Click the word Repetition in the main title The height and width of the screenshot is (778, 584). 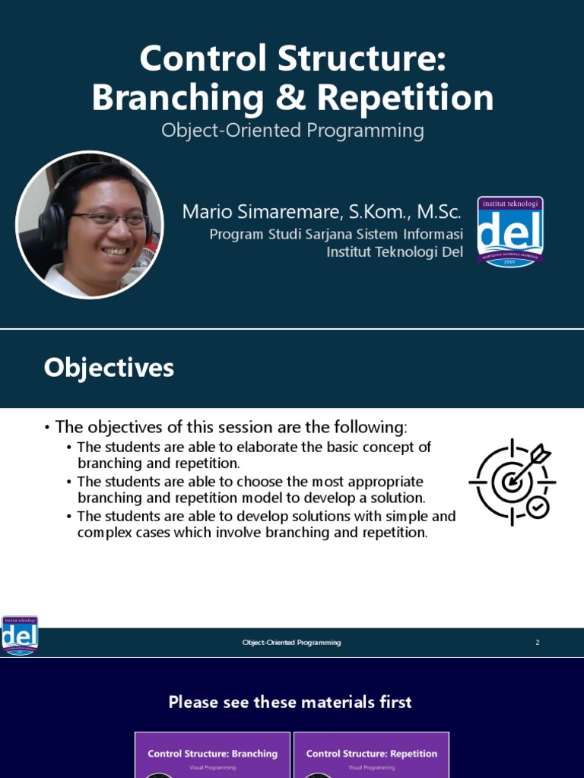(405, 98)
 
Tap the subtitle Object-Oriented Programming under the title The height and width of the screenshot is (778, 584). (292, 131)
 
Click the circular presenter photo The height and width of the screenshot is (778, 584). (90, 224)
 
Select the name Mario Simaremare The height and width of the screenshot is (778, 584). (252, 212)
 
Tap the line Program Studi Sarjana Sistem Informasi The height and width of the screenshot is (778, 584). (336, 235)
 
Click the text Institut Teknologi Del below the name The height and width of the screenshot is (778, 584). (395, 251)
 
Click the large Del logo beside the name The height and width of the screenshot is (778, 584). (510, 232)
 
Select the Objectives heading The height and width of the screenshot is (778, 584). (109, 368)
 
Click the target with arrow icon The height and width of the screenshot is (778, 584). (512, 480)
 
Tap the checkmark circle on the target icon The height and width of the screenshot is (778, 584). (538, 508)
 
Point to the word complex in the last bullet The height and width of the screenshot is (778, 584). (102, 533)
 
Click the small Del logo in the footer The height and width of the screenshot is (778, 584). (20, 635)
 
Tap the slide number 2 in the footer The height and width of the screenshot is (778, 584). (538, 643)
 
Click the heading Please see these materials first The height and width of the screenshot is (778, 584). (290, 702)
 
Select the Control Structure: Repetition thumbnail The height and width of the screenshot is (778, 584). (371, 754)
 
